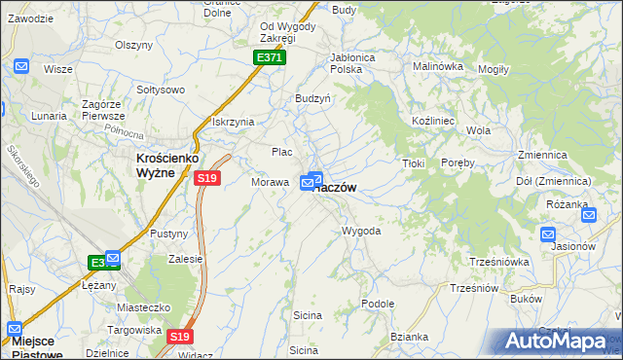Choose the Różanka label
(568, 204)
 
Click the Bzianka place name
(409, 337)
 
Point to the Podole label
(377, 304)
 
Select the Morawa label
(270, 182)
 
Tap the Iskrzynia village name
(233, 122)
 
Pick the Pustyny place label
(168, 234)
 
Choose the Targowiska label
(134, 330)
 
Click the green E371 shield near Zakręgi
(270, 58)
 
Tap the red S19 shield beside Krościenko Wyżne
(206, 178)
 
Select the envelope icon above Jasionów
(547, 234)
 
